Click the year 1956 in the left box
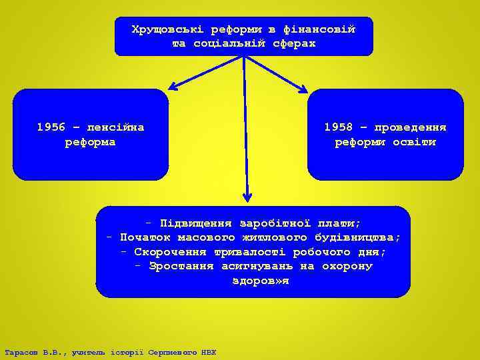coord(51,127)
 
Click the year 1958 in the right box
coord(339,127)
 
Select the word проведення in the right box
coord(409,127)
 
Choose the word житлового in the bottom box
coord(272,238)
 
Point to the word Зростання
coord(181,267)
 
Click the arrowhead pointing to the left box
coord(172,87)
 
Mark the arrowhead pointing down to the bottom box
coord(247,197)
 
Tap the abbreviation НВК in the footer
coord(208,352)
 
